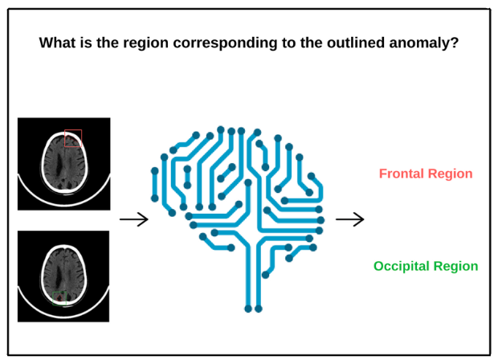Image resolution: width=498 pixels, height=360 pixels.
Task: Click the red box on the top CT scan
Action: pos(73,139)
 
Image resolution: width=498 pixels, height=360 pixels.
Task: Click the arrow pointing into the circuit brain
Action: pos(133,219)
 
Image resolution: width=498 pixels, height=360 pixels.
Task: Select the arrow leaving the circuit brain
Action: pos(349,219)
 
